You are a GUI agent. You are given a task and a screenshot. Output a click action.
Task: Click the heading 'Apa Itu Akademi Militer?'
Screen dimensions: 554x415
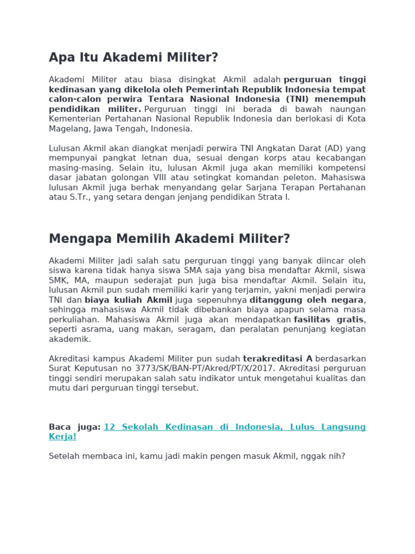[133, 57]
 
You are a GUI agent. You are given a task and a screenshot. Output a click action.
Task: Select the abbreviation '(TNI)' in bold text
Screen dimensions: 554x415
[296, 99]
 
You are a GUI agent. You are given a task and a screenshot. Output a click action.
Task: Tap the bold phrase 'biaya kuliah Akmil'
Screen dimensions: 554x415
[129, 300]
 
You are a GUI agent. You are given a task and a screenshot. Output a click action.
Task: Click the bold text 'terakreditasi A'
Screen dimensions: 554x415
[278, 359]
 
